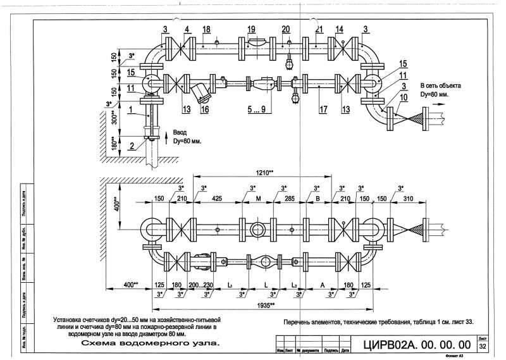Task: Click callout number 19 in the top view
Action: pyautogui.click(x=251, y=30)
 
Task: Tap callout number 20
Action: pyautogui.click(x=285, y=30)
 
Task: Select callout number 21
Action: pyautogui.click(x=319, y=30)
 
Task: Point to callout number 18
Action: pyautogui.click(x=206, y=30)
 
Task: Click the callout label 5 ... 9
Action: pyautogui.click(x=256, y=109)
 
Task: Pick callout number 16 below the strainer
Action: pyautogui.click(x=205, y=109)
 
